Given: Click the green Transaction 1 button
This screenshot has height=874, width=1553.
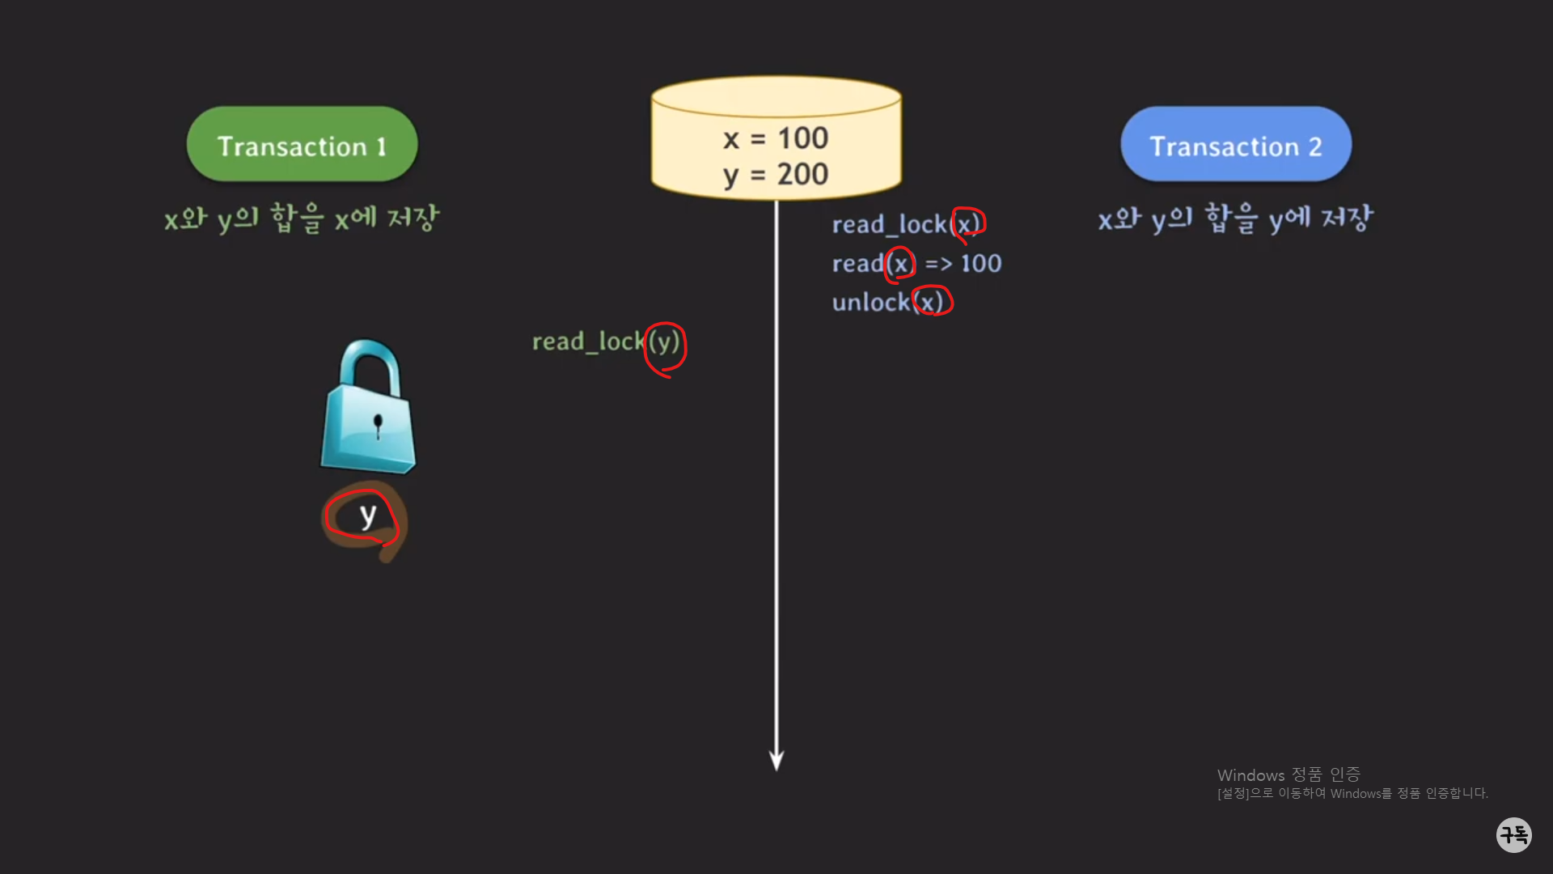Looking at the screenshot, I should pyautogui.click(x=302, y=145).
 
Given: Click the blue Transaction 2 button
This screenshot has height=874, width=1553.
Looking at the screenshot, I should pyautogui.click(x=1235, y=145).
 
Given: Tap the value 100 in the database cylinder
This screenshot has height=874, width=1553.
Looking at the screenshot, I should pyautogui.click(x=802, y=138).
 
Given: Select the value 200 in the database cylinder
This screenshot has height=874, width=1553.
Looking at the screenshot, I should pyautogui.click(x=802, y=174).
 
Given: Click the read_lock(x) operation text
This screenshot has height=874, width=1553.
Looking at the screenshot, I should pyautogui.click(x=906, y=224).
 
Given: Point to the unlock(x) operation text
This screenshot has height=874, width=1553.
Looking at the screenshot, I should pyautogui.click(x=888, y=303).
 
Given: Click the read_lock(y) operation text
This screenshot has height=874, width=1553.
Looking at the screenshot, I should pyautogui.click(x=605, y=342).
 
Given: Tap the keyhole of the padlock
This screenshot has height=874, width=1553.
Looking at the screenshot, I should pyautogui.click(x=377, y=423).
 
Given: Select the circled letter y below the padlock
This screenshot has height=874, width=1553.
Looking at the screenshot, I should pyautogui.click(x=367, y=515).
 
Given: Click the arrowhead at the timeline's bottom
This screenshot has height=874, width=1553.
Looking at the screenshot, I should pyautogui.click(x=776, y=760).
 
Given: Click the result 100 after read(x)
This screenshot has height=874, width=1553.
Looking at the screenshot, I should pyautogui.click(x=980, y=264).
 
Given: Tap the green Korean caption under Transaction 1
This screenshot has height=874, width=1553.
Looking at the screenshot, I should pyautogui.click(x=302, y=218).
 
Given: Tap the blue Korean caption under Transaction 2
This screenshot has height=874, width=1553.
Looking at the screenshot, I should pyautogui.click(x=1235, y=218).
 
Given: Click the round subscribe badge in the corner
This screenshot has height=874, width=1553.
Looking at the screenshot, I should pyautogui.click(x=1513, y=834).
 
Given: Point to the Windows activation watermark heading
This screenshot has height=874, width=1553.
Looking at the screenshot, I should pyautogui.click(x=1288, y=775).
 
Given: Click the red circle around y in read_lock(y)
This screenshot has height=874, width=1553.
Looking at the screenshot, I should pyautogui.click(x=665, y=349).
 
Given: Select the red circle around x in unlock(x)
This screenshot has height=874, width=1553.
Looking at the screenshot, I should pyautogui.click(x=932, y=301).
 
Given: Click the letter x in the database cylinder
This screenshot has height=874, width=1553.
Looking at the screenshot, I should pyautogui.click(x=731, y=139).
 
